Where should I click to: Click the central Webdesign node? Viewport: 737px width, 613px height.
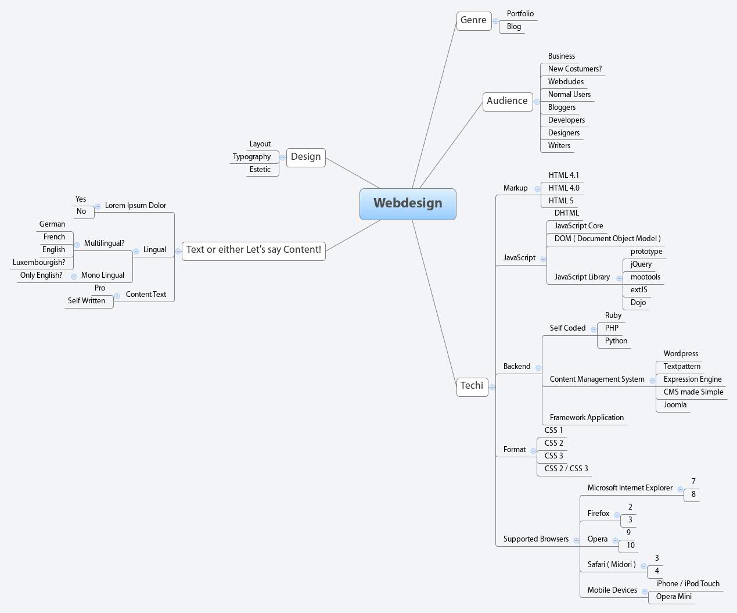tap(408, 204)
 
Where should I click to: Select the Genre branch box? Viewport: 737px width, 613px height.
tap(473, 20)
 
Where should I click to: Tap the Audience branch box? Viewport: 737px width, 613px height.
tap(507, 101)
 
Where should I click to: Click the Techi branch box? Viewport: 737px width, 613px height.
tap(472, 386)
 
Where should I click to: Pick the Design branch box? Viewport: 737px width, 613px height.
tap(305, 157)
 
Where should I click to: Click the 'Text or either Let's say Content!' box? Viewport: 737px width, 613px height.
tap(253, 250)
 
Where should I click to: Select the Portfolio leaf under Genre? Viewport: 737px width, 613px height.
tap(520, 14)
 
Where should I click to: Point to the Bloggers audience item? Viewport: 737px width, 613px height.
tap(562, 107)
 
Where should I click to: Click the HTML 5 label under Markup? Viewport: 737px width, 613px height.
tap(561, 201)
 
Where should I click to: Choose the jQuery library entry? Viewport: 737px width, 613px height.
tap(641, 264)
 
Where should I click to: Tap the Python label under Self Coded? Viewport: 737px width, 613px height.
tap(616, 341)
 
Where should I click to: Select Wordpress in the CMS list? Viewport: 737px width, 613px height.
tap(681, 354)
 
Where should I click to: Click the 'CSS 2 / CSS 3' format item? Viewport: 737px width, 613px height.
tap(566, 469)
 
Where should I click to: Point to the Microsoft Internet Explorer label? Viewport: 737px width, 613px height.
tap(630, 488)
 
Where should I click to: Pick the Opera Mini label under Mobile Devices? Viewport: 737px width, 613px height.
tap(673, 597)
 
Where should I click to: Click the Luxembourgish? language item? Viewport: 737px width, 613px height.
tap(39, 263)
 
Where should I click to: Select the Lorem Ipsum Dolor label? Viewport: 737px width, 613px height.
tap(135, 206)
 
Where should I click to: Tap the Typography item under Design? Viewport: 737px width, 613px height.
tap(251, 157)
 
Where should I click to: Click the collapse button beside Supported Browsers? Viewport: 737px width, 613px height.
tap(576, 540)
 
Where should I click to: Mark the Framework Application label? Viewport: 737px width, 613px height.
tap(587, 418)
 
